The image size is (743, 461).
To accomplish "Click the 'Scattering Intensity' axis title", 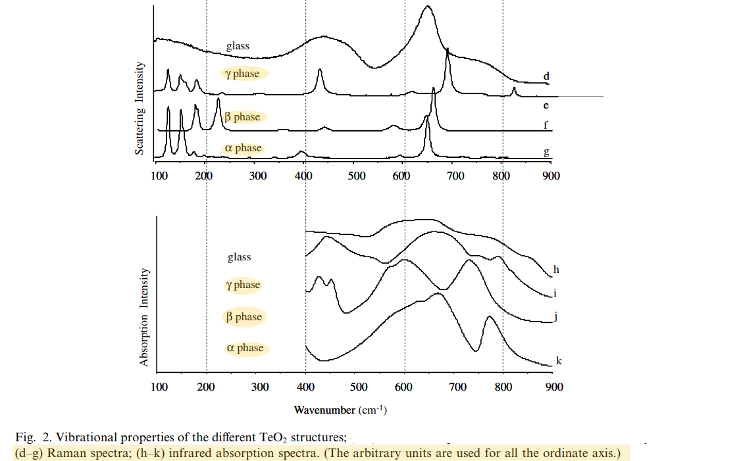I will [140, 109].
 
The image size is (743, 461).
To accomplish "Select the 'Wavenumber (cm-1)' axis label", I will [340, 410].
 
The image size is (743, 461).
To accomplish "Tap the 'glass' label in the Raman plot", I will [238, 47].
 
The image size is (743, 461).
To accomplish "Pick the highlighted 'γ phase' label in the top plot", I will [242, 74].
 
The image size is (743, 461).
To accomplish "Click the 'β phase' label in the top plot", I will [242, 117].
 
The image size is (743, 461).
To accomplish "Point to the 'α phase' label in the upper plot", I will [243, 148].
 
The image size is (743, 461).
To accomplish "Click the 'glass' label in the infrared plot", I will [240, 257].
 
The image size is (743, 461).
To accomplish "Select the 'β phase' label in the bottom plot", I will [244, 317].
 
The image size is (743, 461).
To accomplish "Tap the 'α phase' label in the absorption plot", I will [245, 348].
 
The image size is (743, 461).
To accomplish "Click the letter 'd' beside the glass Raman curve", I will [546, 76].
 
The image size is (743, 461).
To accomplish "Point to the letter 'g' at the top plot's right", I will [546, 153].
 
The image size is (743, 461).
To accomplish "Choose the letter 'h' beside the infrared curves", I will [556, 269].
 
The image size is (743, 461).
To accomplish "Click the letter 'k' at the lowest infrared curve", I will [559, 360].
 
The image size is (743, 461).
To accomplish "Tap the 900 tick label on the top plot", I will [551, 176].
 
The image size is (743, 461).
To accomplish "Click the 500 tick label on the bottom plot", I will [359, 387].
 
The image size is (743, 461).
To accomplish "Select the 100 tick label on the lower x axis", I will [159, 387].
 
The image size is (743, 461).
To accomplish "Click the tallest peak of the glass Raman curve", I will [428, 7].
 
